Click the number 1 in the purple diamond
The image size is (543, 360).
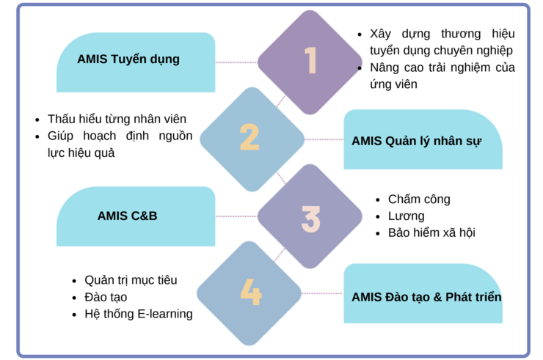pyautogui.click(x=310, y=60)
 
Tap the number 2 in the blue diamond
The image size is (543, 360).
pyautogui.click(x=249, y=137)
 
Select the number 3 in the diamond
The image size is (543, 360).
pyautogui.click(x=310, y=218)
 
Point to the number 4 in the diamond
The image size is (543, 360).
pyautogui.click(x=251, y=292)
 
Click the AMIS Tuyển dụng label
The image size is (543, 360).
pyautogui.click(x=128, y=59)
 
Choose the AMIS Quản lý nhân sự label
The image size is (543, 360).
pyautogui.click(x=417, y=142)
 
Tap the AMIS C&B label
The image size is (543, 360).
pyautogui.click(x=127, y=216)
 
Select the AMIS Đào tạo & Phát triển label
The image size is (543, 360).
pyautogui.click(x=426, y=297)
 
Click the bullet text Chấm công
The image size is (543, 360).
pyautogui.click(x=419, y=199)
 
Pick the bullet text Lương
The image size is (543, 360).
pyautogui.click(x=407, y=216)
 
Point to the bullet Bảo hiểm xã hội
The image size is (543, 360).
pyautogui.click(x=431, y=232)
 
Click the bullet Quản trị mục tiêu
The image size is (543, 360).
pyautogui.click(x=131, y=280)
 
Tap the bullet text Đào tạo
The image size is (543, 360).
pyautogui.click(x=106, y=297)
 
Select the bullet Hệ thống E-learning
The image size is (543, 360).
pyautogui.click(x=139, y=314)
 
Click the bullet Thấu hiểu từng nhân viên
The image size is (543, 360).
pyautogui.click(x=117, y=119)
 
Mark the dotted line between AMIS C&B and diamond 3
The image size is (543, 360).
pyautogui.click(x=236, y=216)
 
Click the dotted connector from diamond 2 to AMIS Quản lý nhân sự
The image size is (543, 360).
pyautogui.click(x=324, y=139)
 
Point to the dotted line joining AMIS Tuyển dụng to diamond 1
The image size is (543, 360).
pyautogui.click(x=236, y=62)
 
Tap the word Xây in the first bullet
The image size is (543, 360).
pyautogui.click(x=380, y=34)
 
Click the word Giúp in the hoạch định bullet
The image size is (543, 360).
pyautogui.click(x=60, y=136)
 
